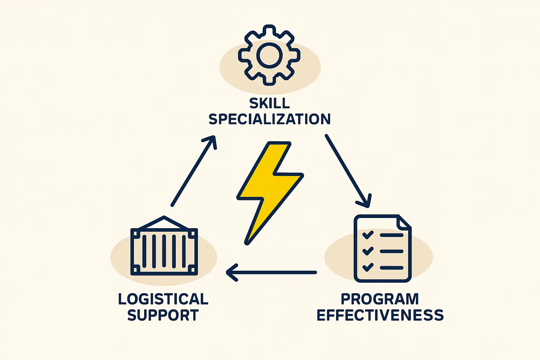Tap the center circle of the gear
(x=269, y=56)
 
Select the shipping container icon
(x=164, y=250)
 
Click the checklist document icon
(x=382, y=248)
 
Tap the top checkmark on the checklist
(x=367, y=234)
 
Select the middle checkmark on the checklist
(x=367, y=251)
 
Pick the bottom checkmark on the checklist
(x=367, y=267)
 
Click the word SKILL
(x=269, y=103)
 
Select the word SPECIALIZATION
(x=269, y=119)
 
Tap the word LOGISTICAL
(x=163, y=299)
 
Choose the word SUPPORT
(x=163, y=315)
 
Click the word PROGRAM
(x=380, y=299)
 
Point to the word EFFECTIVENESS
(x=380, y=315)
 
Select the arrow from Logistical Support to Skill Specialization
(x=193, y=171)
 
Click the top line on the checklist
(x=391, y=235)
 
